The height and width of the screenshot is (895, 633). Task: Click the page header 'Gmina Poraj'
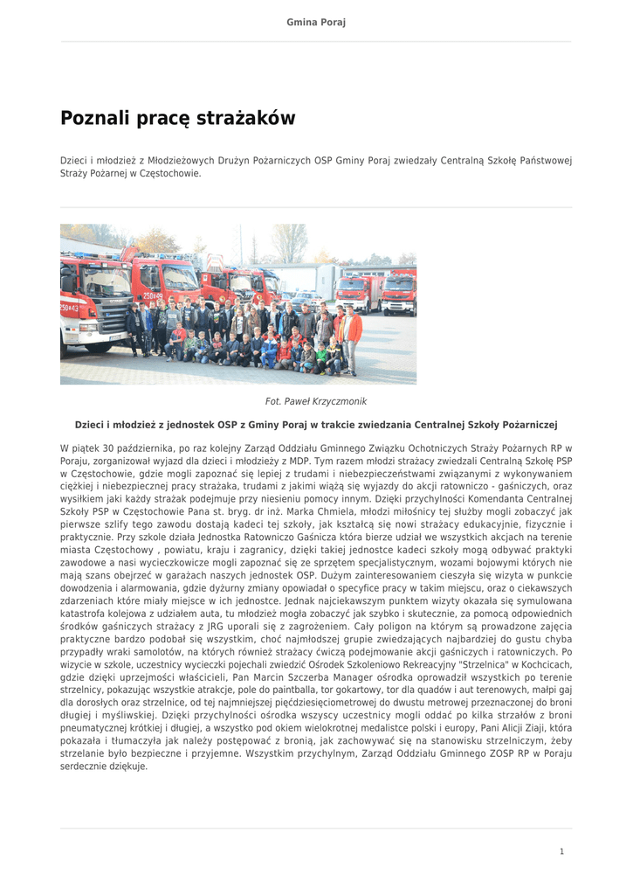(316, 22)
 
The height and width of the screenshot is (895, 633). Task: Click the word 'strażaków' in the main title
(248, 118)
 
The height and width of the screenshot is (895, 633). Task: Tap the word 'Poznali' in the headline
(94, 118)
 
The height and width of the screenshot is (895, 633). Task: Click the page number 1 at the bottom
(561, 850)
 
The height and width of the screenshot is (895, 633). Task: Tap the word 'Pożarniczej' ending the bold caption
(526, 425)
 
